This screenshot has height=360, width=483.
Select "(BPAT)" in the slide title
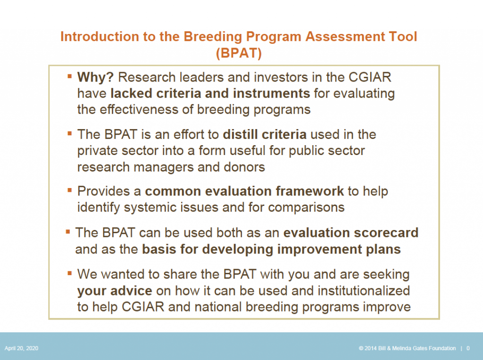click(239, 53)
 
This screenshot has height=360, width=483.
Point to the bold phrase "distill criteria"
click(265, 134)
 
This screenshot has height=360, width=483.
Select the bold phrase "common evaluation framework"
click(244, 191)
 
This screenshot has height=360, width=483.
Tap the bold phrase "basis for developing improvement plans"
click(271, 249)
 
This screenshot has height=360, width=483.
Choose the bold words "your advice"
click(115, 290)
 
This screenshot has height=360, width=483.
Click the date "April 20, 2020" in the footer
click(22, 348)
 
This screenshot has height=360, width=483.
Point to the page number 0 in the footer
click(468, 348)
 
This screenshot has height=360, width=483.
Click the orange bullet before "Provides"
click(69, 190)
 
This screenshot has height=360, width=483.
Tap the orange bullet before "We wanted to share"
click(69, 273)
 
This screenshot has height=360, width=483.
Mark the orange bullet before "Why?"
click(69, 75)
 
